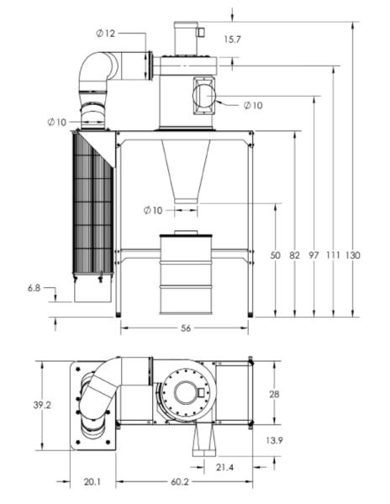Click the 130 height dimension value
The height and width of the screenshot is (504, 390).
(353, 255)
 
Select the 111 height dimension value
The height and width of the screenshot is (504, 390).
(333, 255)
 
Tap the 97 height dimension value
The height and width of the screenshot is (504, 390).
(314, 255)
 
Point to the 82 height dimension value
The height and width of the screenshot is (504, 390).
(294, 255)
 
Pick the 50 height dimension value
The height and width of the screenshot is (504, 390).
(275, 255)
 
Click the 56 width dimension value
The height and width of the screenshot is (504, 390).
(186, 328)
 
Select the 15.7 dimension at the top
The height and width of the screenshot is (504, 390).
(232, 39)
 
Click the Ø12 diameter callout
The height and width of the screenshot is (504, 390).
(105, 33)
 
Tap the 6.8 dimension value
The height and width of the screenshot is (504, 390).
(34, 288)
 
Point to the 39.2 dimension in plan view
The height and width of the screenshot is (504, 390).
(42, 405)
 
